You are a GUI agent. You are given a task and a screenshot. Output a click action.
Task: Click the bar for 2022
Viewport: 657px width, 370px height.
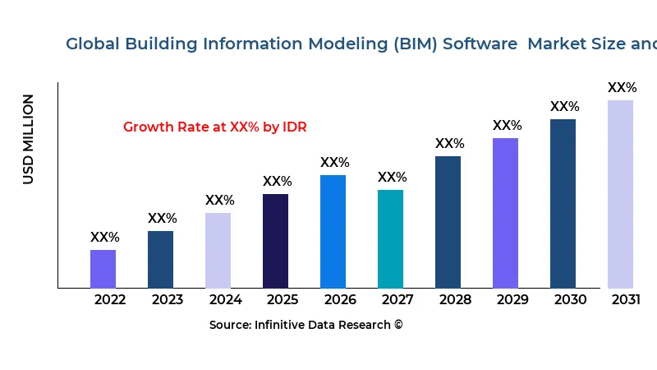pyautogui.click(x=103, y=269)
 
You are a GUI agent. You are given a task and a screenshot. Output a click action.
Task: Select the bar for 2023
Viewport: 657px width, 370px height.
pyautogui.click(x=160, y=259)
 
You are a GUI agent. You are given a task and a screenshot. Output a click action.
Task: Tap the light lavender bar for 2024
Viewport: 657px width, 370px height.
pyautogui.click(x=218, y=250)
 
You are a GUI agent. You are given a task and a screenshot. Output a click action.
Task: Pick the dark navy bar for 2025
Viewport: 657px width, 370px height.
pyautogui.click(x=275, y=241)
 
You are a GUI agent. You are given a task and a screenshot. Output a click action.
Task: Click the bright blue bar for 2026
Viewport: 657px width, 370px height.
pyautogui.click(x=333, y=231)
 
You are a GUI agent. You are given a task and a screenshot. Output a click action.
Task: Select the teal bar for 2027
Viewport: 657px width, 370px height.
pyautogui.click(x=390, y=238)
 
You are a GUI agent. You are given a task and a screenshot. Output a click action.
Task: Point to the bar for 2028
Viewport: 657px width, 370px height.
pyautogui.click(x=448, y=222)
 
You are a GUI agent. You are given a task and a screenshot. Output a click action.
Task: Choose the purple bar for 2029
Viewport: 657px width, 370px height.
pyautogui.click(x=505, y=213)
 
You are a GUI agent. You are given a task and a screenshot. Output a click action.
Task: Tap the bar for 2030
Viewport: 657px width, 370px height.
pyautogui.click(x=563, y=203)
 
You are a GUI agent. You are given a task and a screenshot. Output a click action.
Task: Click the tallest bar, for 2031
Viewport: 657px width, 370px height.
pyautogui.click(x=620, y=194)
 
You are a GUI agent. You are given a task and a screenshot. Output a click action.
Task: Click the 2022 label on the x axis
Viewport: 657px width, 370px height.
pyautogui.click(x=110, y=299)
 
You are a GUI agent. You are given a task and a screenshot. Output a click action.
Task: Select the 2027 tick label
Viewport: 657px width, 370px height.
pyautogui.click(x=397, y=299)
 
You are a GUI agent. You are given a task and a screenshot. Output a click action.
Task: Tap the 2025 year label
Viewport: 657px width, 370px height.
pyautogui.click(x=283, y=299)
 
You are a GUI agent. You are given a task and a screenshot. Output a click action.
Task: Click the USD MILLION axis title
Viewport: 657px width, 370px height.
pyautogui.click(x=29, y=139)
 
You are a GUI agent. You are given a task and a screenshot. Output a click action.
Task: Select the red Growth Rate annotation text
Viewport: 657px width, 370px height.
pyautogui.click(x=214, y=127)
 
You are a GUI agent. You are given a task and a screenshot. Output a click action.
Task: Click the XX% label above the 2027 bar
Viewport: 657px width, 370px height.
pyautogui.click(x=392, y=177)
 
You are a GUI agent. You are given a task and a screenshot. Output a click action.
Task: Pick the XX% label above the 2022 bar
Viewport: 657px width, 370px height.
pyautogui.click(x=104, y=237)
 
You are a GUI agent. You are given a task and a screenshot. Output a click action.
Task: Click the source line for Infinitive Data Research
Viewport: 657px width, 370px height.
pyautogui.click(x=306, y=325)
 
